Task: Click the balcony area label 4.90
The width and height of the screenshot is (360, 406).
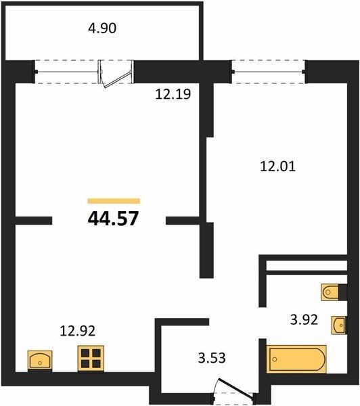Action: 102,28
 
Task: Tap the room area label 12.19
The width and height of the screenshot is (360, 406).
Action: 173,94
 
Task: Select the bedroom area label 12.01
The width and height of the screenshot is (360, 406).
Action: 277,166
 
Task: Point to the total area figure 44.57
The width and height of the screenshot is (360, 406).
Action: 114,219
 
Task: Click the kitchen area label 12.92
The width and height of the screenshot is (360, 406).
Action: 77,331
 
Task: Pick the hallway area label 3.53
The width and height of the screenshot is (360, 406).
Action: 212,358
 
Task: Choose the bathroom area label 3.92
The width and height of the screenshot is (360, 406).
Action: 304,320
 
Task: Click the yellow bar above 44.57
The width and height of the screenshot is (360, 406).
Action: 114,201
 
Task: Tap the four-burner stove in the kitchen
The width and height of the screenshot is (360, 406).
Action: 91,359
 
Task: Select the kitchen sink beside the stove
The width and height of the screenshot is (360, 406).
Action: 40,360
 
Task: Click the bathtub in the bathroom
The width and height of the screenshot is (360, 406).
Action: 296,359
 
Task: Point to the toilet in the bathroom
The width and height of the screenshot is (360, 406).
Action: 330,292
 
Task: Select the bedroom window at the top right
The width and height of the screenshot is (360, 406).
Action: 269,72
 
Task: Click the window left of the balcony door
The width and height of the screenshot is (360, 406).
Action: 66,72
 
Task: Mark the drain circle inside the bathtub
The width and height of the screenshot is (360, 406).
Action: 275,359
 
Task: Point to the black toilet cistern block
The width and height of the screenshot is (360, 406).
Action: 342,292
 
